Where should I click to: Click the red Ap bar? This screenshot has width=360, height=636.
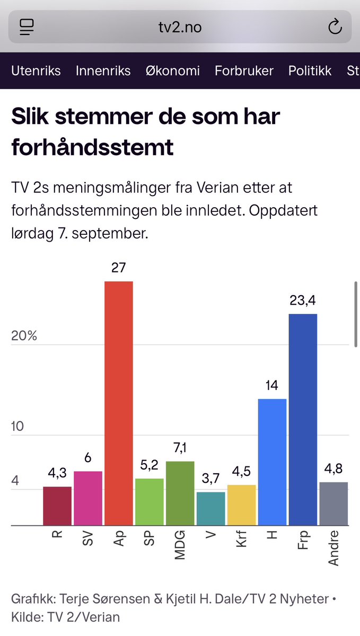pyautogui.click(x=118, y=403)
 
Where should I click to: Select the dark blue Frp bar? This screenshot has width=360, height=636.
pyautogui.click(x=303, y=419)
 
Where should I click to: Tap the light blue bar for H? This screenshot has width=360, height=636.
pyautogui.click(x=272, y=461)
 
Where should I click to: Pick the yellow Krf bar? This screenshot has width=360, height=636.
pyautogui.click(x=241, y=505)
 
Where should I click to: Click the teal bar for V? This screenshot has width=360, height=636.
pyautogui.click(x=210, y=508)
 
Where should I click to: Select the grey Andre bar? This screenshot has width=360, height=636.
pyautogui.click(x=333, y=503)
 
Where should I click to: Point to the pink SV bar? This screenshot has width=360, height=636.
pyautogui.click(x=87, y=498)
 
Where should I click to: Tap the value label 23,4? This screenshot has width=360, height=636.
pyautogui.click(x=303, y=301)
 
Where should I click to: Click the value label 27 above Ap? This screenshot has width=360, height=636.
pyautogui.click(x=118, y=268)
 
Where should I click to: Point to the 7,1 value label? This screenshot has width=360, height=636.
pyautogui.click(x=180, y=448)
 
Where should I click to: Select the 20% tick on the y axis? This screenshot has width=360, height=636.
pyautogui.click(x=24, y=335)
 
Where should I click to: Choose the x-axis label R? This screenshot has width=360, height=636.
pyautogui.click(x=57, y=534)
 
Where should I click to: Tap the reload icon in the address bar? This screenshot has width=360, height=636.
pyautogui.click(x=335, y=26)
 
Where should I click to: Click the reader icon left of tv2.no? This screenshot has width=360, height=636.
pyautogui.click(x=26, y=26)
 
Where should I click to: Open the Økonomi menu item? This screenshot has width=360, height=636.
pyautogui.click(x=172, y=70)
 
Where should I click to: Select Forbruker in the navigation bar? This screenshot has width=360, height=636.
pyautogui.click(x=244, y=70)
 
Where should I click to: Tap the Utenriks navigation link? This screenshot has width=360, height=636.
pyautogui.click(x=36, y=70)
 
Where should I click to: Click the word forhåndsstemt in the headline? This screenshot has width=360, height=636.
pyautogui.click(x=92, y=147)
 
